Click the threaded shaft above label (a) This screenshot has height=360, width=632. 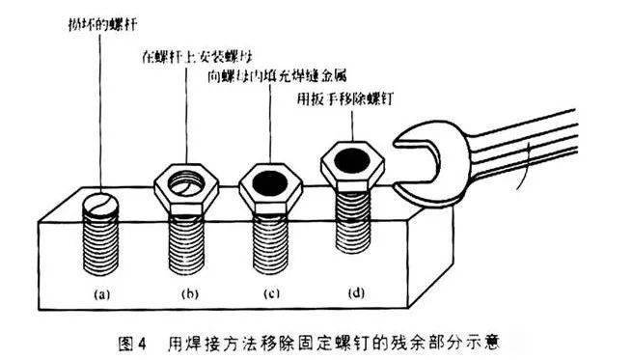[104, 246]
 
